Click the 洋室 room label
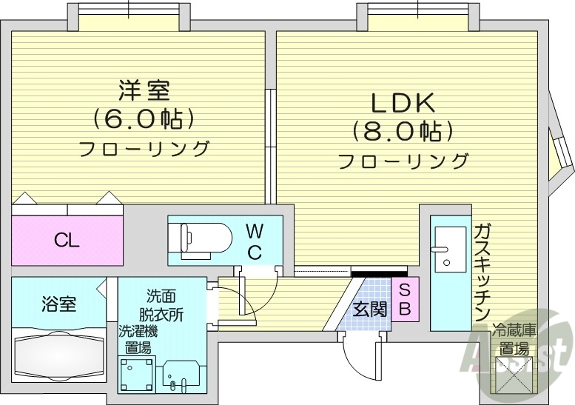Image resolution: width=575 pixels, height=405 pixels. click(144, 90)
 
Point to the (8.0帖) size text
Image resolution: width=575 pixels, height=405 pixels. click(403, 132)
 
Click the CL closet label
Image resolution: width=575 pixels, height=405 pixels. click(67, 240)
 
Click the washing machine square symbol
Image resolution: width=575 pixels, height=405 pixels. click(137, 374)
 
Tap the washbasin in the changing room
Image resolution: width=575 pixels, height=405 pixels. click(182, 375)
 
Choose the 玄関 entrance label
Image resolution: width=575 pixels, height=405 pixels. click(369, 309)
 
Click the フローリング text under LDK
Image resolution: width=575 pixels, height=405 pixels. click(404, 161)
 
